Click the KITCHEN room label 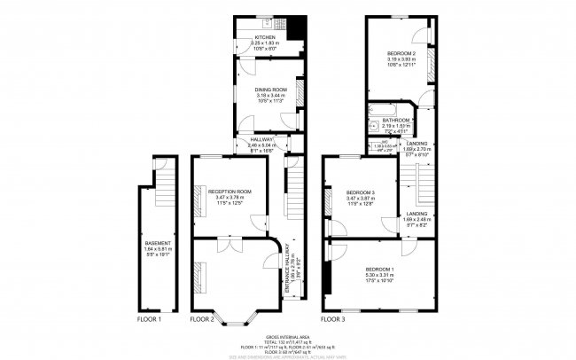[x=264, y=37]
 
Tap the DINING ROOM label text [x=264, y=90]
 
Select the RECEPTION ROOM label [x=230, y=192]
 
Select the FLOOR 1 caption [x=149, y=318]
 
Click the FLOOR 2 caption [x=202, y=318]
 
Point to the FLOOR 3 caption [x=332, y=318]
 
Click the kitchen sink [x=268, y=21]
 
